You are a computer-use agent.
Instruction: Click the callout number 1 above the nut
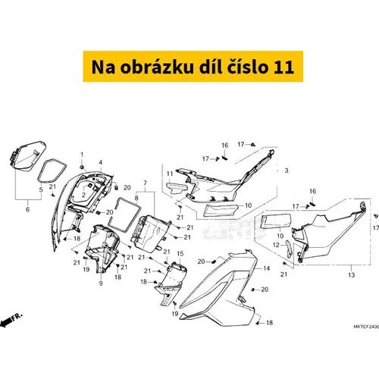pos(82,155)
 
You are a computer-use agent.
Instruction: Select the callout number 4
pos(101,162)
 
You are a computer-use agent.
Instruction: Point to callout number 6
pos(28,209)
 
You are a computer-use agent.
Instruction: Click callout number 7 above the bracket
pos(145,183)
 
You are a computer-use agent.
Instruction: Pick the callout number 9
pos(101,283)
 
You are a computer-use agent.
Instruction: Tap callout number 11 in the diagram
pos(170,174)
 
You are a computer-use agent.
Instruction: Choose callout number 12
pos(276,245)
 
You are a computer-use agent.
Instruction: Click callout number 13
pos(352,274)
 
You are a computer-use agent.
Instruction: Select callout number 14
pos(267,268)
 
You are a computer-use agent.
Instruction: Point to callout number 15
pos(180,253)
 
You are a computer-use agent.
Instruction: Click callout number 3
pos(287,171)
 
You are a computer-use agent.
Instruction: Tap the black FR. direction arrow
pos(5,322)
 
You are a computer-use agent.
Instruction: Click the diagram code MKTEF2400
pos(366,327)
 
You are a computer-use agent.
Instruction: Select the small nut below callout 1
pos(82,167)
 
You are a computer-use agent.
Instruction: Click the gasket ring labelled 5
pos(52,171)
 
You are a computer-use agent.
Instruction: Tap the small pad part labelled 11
pos(177,188)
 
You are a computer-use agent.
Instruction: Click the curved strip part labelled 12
pos(289,249)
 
